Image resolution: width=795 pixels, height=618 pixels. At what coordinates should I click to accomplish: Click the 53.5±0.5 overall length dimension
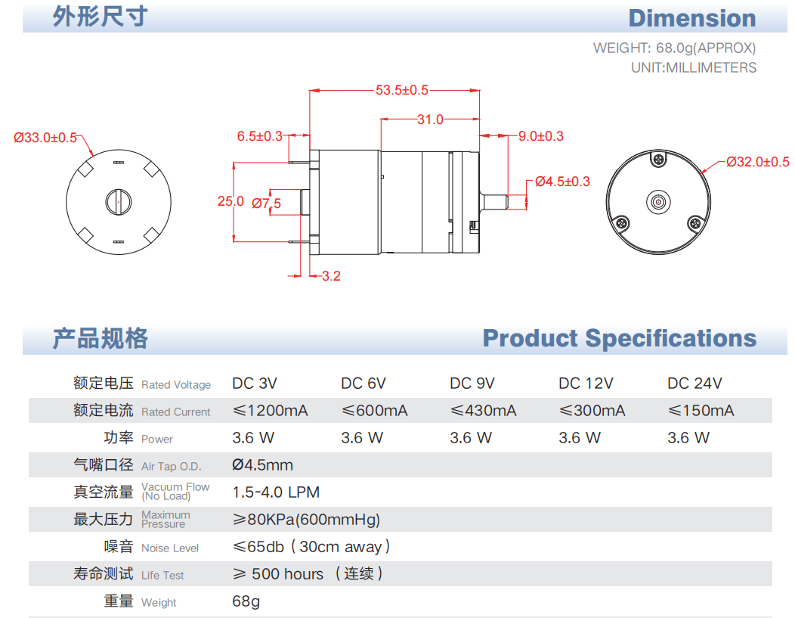point(402,90)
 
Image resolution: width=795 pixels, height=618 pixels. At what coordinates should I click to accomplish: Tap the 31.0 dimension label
point(430,120)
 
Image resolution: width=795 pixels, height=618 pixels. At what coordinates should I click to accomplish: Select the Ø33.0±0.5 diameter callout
point(45,138)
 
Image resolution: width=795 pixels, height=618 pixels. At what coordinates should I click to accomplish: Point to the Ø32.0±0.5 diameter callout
point(757,162)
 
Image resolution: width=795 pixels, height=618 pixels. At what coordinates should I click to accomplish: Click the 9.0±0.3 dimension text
point(540,136)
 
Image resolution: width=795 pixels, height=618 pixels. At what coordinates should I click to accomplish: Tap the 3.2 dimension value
point(331,276)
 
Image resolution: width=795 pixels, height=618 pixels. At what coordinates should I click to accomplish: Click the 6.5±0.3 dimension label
point(259,136)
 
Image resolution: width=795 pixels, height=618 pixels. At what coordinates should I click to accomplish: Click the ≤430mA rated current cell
point(483,411)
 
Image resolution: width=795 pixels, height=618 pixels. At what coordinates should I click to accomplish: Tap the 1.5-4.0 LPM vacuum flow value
point(276,492)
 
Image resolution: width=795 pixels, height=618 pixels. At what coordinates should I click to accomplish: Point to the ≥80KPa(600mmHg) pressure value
point(306,520)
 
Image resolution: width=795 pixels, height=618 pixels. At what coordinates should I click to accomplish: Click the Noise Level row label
point(170,548)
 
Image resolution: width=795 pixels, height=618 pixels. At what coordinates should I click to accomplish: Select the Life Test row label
point(162,575)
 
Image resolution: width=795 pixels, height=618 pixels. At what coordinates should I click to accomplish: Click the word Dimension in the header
point(691,18)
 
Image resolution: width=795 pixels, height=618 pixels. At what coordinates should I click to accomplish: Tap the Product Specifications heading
point(619,338)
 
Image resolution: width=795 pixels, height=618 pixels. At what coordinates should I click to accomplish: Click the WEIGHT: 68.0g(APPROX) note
point(674,48)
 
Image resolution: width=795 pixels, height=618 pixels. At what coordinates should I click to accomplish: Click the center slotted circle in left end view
point(117,200)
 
